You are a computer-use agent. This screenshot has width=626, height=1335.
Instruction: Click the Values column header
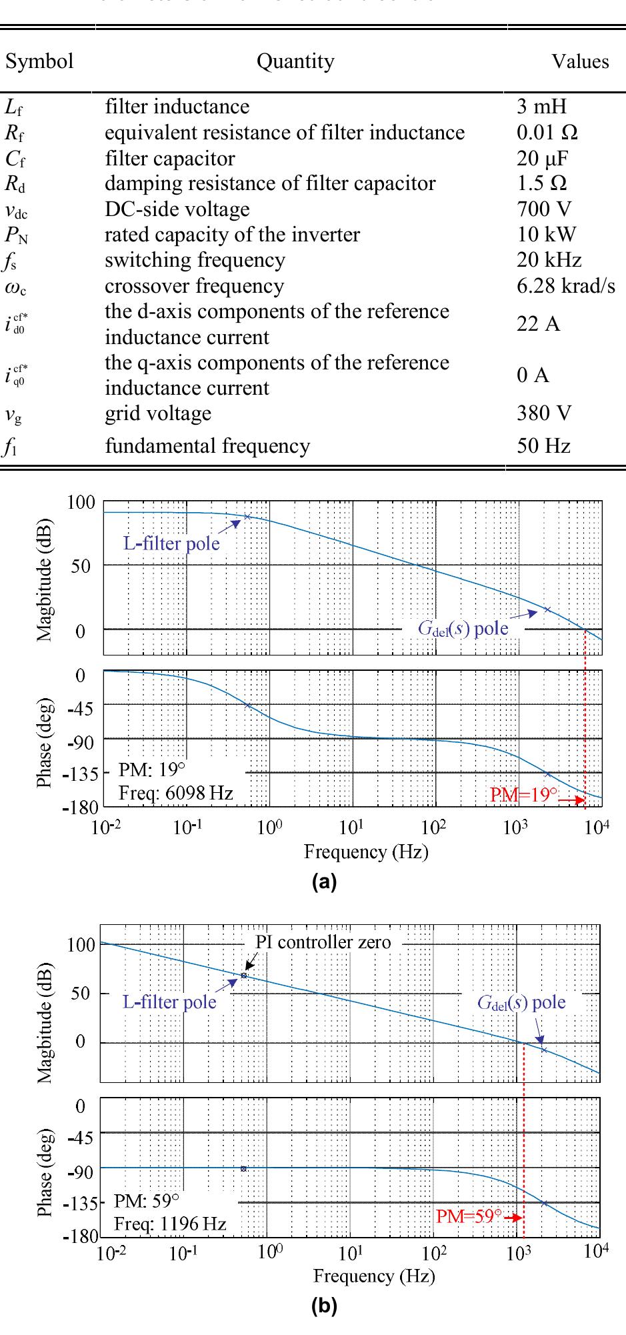tap(579, 61)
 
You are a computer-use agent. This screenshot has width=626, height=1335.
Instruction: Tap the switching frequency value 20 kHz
tap(549, 260)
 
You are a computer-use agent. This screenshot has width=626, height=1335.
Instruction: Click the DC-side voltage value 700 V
tap(543, 209)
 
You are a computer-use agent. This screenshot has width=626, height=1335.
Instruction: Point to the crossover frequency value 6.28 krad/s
tap(565, 285)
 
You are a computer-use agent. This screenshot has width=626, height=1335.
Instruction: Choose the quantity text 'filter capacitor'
tap(169, 158)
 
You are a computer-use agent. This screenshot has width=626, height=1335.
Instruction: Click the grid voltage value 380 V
tap(543, 413)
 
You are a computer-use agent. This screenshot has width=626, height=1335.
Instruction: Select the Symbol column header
tap(39, 61)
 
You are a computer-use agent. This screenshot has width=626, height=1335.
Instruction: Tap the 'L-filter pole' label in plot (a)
tap(171, 543)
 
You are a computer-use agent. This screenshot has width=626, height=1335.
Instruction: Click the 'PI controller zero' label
tap(323, 942)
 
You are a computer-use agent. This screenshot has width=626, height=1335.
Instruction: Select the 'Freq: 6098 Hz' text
tap(175, 793)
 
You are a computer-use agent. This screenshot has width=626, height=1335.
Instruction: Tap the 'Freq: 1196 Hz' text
tap(170, 1224)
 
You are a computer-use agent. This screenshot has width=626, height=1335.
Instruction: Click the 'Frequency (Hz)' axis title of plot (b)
tap(374, 1276)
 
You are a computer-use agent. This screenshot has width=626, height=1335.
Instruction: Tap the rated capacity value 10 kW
tap(546, 235)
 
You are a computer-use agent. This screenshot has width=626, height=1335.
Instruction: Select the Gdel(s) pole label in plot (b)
tap(521, 1002)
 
